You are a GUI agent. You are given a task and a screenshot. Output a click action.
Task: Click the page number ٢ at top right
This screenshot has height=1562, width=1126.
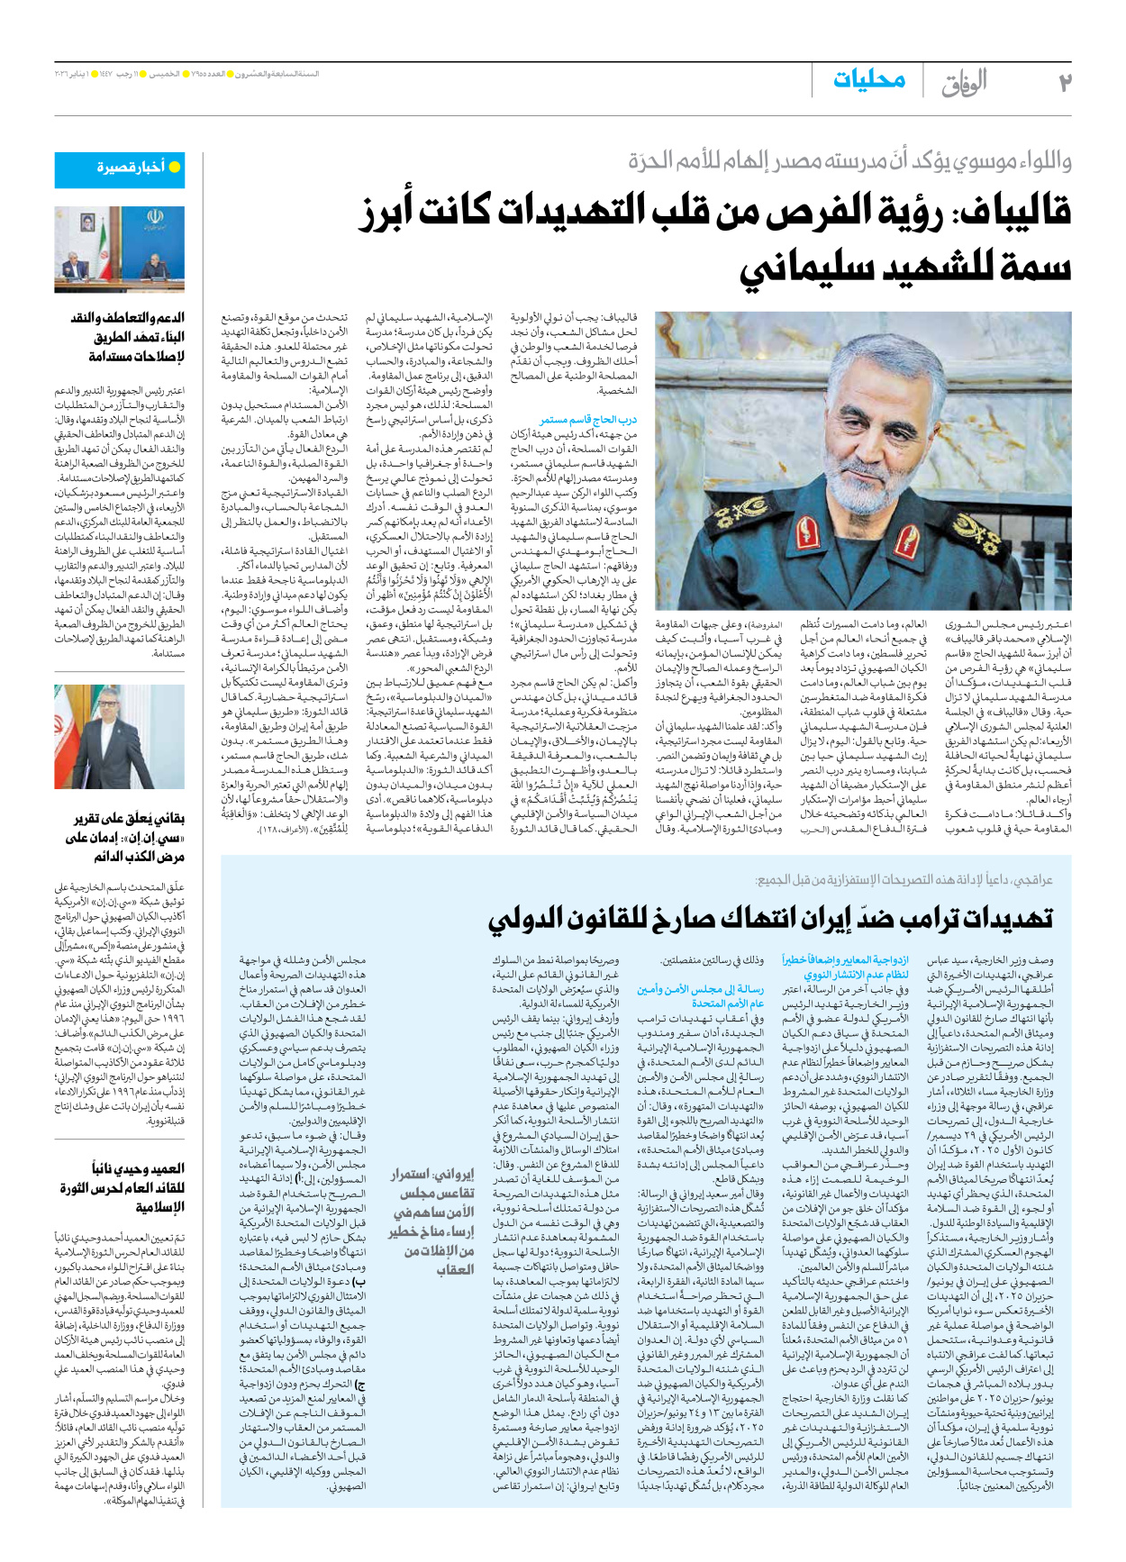[1064, 83]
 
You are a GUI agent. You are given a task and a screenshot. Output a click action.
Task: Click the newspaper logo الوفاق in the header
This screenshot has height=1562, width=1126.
[964, 84]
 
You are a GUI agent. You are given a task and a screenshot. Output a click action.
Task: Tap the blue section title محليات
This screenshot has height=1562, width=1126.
[869, 79]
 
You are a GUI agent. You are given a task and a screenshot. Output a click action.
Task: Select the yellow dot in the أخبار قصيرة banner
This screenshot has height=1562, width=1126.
[175, 168]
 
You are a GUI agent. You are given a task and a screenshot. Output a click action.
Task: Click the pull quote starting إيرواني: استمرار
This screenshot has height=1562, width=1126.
[432, 1221]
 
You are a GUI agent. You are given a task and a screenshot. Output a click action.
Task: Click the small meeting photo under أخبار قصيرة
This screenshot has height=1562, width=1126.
[119, 249]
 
